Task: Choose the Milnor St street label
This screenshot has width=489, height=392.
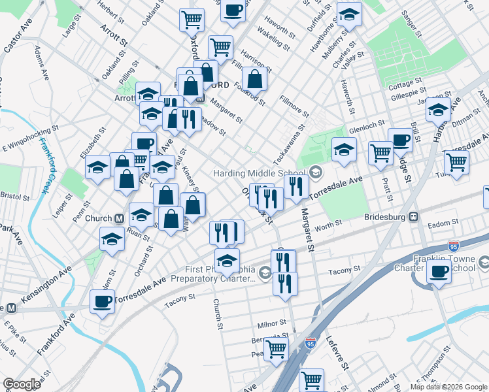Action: pos(272,323)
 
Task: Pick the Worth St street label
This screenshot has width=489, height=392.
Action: pos(328,225)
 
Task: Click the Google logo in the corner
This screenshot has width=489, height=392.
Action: pos(22,384)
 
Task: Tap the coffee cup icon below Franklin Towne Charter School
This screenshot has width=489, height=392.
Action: pos(439,272)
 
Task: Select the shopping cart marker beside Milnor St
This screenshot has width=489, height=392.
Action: pos(276,349)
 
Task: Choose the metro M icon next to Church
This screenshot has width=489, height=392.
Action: pos(120,218)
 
